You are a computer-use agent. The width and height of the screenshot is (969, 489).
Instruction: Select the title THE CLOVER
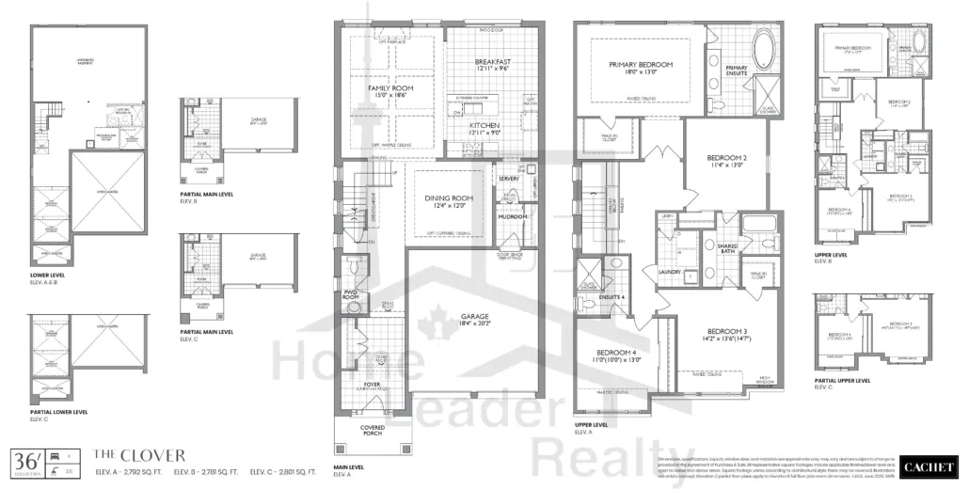click(133, 454)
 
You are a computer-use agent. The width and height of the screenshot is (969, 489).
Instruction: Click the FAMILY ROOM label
click(390, 87)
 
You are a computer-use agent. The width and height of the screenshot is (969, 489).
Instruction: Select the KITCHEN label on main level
click(485, 125)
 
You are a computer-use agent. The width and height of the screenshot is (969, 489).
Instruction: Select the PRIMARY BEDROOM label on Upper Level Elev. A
click(641, 64)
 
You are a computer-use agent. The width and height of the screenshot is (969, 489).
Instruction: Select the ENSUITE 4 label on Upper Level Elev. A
click(612, 297)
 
